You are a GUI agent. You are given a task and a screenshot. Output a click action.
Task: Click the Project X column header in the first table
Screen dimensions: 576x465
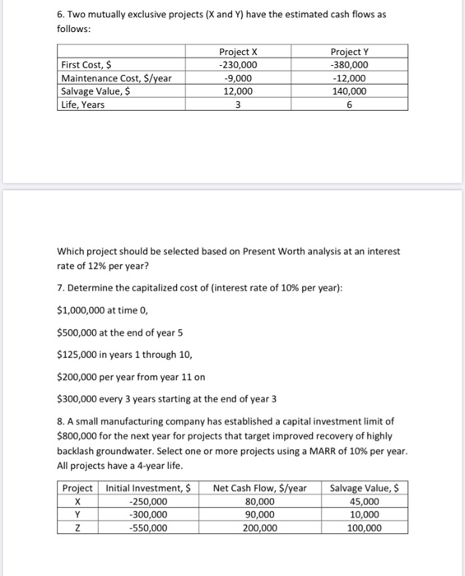(x=238, y=53)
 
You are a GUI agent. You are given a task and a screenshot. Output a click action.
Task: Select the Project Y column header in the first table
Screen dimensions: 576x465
(x=349, y=53)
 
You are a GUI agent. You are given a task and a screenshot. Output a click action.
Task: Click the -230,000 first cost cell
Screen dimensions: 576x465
(x=238, y=66)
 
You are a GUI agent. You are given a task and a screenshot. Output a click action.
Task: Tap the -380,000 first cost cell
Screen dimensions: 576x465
(x=349, y=66)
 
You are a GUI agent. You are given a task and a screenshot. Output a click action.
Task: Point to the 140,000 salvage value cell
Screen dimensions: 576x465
(x=349, y=91)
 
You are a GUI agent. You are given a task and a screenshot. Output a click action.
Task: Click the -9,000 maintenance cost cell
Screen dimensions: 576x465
(x=238, y=79)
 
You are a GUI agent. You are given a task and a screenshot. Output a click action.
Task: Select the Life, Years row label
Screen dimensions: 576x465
(x=84, y=105)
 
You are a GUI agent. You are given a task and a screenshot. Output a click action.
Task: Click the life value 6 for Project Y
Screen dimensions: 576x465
(x=349, y=105)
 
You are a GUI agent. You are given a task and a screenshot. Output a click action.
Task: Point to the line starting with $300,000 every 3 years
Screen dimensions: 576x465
(x=166, y=399)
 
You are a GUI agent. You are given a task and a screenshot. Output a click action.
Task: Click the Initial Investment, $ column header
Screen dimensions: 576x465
(x=149, y=488)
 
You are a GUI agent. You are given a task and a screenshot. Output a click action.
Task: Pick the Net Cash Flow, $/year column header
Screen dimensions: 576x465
(x=260, y=488)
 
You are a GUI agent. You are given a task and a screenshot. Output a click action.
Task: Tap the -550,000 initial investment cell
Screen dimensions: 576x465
(x=149, y=528)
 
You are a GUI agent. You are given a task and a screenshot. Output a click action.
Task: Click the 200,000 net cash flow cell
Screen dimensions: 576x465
(x=260, y=528)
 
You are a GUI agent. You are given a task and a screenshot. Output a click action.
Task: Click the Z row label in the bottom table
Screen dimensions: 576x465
(x=77, y=528)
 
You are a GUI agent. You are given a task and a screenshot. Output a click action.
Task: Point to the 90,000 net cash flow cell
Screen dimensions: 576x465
(x=260, y=514)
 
